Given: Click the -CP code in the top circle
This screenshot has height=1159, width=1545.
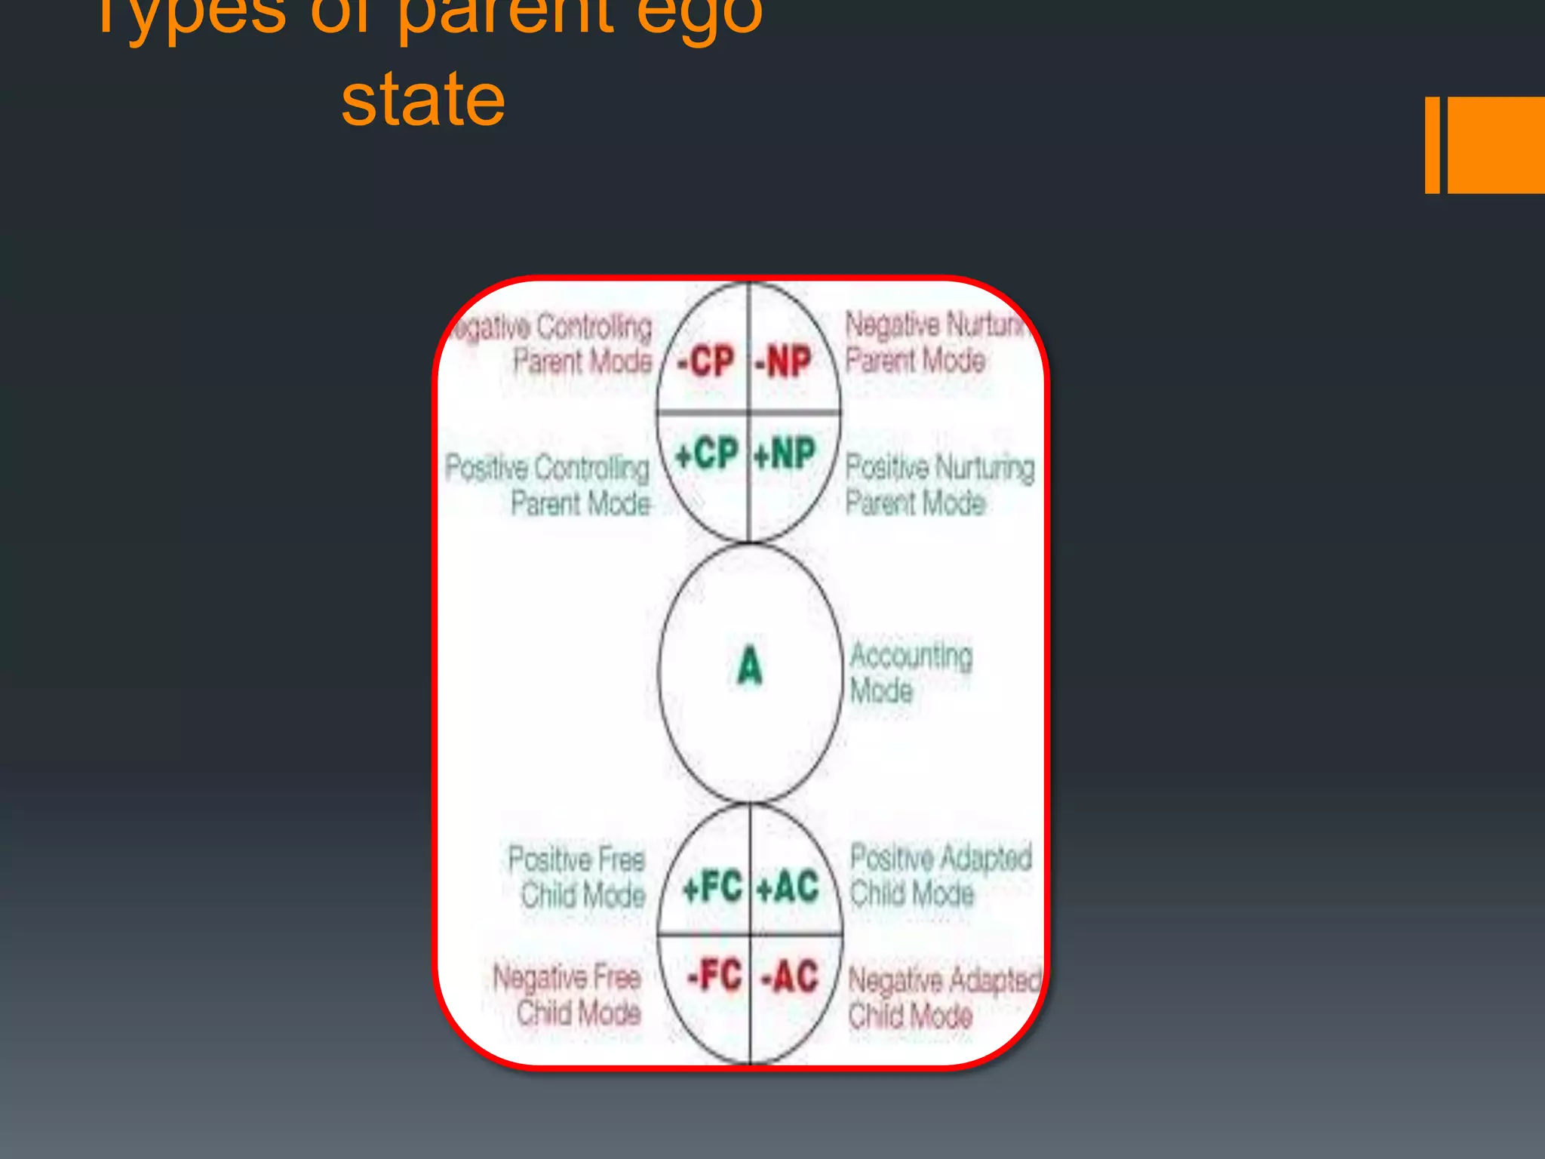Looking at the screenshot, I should [705, 361].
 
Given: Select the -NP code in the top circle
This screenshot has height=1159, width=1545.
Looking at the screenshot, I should [784, 361].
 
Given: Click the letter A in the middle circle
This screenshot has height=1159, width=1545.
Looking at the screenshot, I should [749, 666].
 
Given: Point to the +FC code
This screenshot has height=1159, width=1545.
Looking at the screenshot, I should [712, 887].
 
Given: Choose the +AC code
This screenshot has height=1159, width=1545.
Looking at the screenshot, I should [788, 887].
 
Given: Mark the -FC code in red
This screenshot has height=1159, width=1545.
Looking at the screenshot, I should [714, 975].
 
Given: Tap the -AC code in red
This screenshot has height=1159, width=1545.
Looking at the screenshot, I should [790, 976].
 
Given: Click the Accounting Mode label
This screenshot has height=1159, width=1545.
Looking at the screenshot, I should [911, 672].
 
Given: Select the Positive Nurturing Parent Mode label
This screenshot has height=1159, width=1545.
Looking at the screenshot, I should [939, 485].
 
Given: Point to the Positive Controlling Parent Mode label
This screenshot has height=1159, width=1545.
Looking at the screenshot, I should [548, 485].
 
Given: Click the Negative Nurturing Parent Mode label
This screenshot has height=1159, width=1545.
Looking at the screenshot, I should [935, 342].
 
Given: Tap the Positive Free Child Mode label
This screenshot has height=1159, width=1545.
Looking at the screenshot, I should [577, 877].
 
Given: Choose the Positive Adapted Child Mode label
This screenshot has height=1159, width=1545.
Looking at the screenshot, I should [940, 875].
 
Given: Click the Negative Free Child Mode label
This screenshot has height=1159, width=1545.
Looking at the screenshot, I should [568, 995].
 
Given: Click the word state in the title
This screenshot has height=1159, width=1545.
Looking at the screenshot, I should [422, 100].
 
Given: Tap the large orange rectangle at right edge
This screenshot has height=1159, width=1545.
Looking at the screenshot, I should [1496, 145].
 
